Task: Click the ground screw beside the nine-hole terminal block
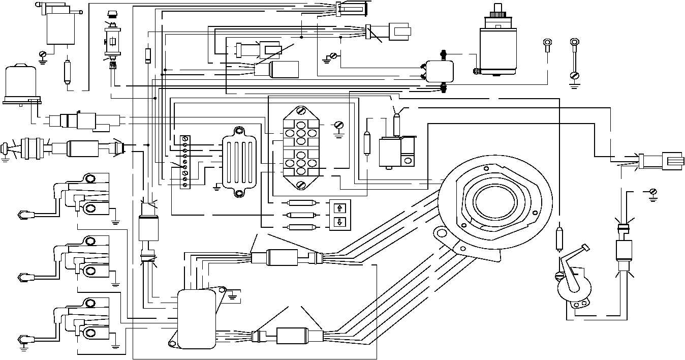(x=339, y=125)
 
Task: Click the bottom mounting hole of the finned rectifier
(x=238, y=193)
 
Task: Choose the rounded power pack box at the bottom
(x=196, y=319)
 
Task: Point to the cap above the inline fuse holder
(x=112, y=14)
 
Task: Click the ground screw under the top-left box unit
(x=43, y=54)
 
